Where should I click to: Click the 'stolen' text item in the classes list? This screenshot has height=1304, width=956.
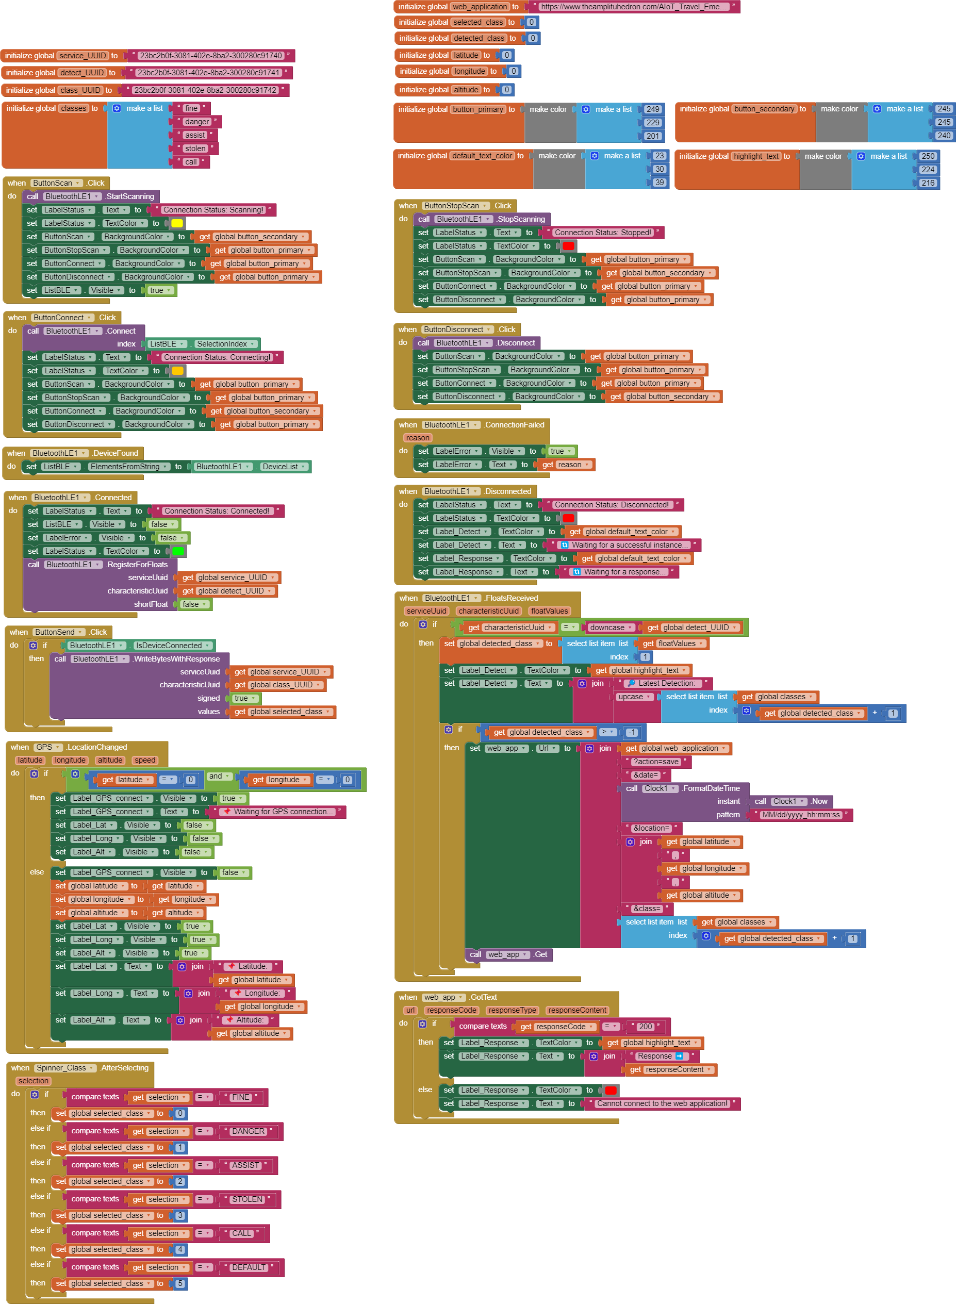[x=195, y=148]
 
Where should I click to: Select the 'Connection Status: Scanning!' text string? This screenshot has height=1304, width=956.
[x=212, y=210]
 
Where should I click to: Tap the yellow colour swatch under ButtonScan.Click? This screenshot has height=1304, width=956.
[x=177, y=223]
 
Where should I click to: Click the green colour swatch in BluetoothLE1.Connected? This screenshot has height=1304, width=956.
[x=178, y=551]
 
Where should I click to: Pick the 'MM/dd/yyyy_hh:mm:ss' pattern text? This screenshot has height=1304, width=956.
[x=800, y=815]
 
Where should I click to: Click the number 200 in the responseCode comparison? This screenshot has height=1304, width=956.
[x=645, y=1026]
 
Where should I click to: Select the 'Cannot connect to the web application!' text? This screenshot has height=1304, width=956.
[x=662, y=1103]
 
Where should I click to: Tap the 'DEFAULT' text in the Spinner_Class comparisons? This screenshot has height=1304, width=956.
[x=248, y=1267]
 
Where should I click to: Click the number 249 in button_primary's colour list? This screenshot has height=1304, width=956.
[x=653, y=109]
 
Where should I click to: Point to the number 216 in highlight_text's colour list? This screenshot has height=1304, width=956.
[x=928, y=183]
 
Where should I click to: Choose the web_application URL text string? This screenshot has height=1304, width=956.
[x=634, y=7]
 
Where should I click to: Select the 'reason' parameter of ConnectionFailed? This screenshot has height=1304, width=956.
[x=417, y=438]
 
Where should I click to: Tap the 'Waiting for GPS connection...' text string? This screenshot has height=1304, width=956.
[x=283, y=812]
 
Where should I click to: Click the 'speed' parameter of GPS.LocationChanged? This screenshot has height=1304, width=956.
[x=144, y=760]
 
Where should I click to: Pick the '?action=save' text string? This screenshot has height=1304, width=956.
[x=656, y=762]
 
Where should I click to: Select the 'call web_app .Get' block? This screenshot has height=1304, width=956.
[x=508, y=954]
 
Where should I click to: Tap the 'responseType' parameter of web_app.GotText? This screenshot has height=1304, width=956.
[x=512, y=1010]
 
